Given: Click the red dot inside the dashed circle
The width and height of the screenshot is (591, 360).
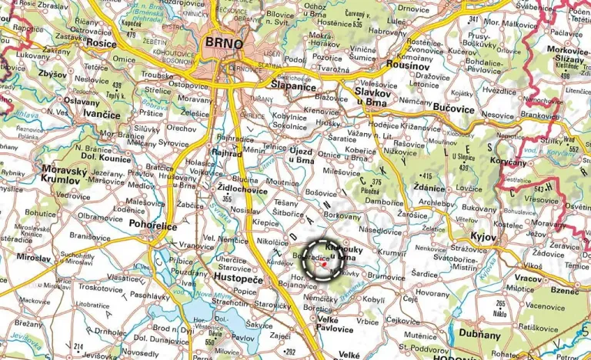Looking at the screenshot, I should pyautogui.click(x=325, y=264).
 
